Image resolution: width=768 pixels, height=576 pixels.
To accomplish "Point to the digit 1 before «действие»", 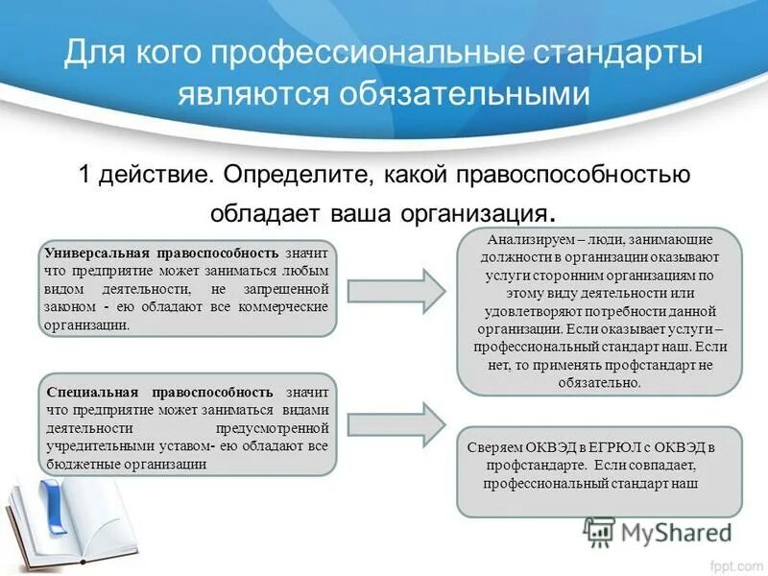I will [x=85, y=175].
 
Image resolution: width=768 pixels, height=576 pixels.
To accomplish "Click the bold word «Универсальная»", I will [x=94, y=252].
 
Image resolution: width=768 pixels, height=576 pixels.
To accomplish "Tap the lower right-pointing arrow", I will [x=396, y=423].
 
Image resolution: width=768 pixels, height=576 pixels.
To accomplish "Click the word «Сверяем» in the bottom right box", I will [x=492, y=448].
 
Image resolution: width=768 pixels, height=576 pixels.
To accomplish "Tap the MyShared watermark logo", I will [x=657, y=531].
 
